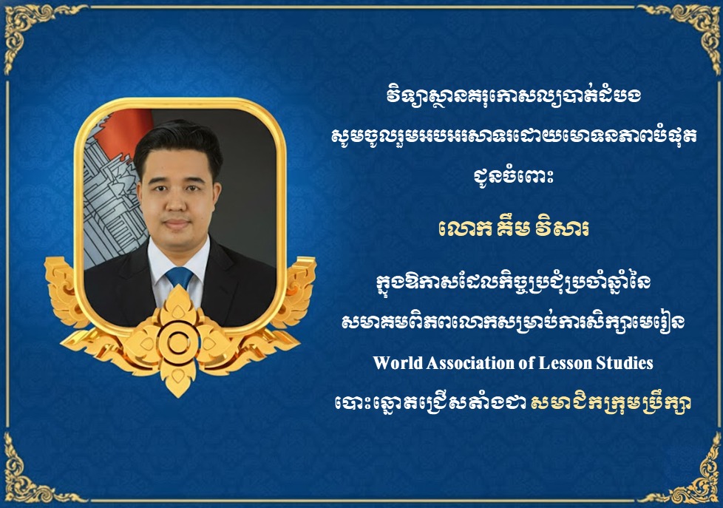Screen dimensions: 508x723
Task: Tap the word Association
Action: point(466,363)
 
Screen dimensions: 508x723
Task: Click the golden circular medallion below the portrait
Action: point(177,341)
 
